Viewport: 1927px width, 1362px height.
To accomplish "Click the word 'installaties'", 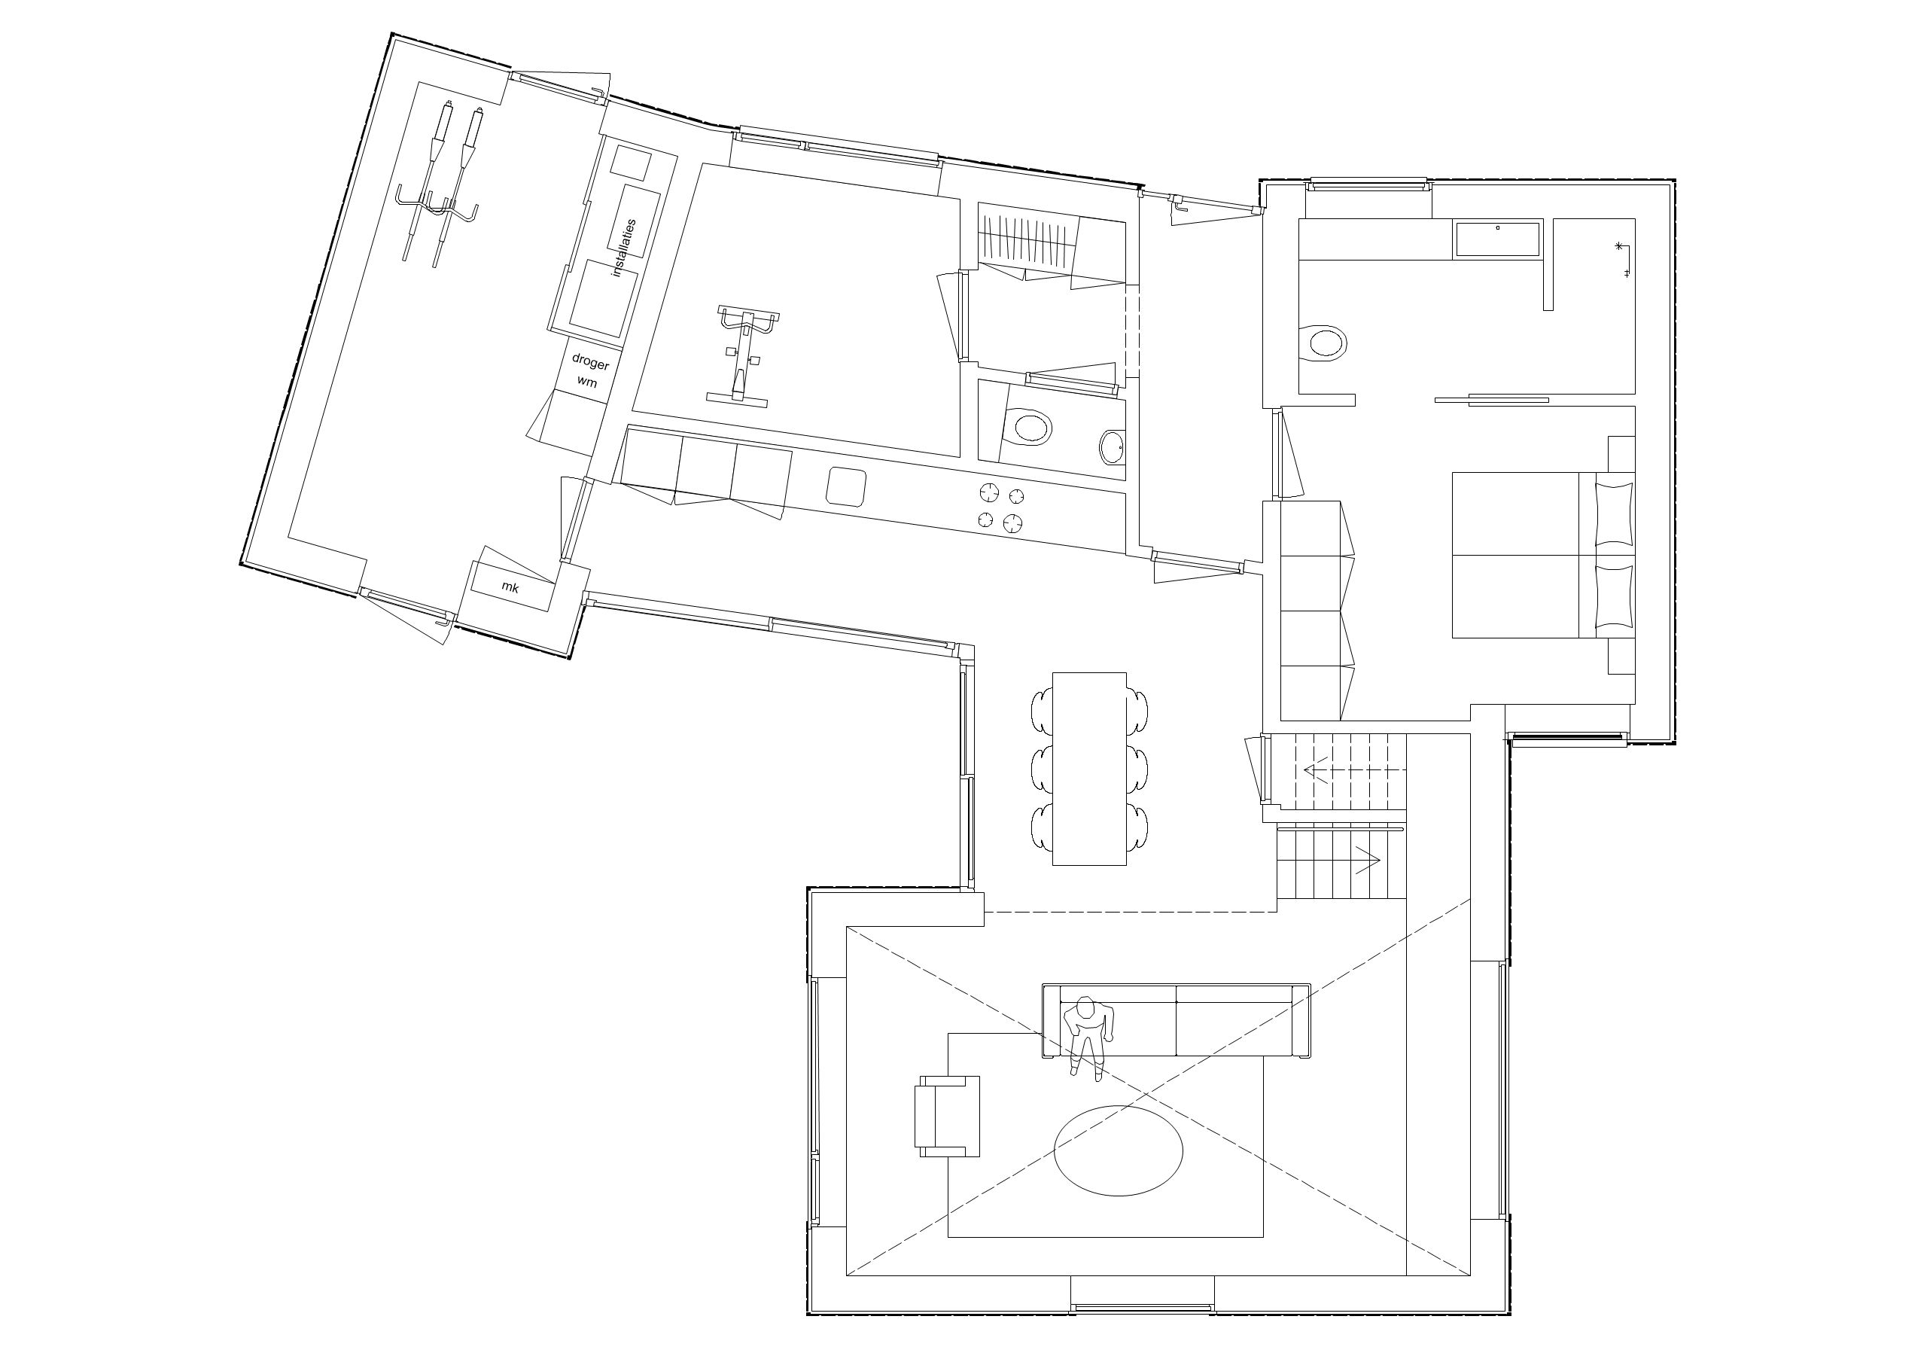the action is [625, 248].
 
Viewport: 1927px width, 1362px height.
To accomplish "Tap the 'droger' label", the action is [590, 362].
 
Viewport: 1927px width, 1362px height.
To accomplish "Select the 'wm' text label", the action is [587, 382].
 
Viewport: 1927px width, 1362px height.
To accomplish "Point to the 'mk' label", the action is [510, 588].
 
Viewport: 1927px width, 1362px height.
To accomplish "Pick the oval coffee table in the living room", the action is [1118, 1150].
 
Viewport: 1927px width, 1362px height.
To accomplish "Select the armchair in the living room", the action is [947, 1116].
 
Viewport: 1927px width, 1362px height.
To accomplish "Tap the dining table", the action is [1089, 768].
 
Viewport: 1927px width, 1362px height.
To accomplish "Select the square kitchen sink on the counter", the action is [847, 486].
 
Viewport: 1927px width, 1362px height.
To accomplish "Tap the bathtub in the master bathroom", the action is [1497, 239].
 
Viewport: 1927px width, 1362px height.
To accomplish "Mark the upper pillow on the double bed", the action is [1614, 512].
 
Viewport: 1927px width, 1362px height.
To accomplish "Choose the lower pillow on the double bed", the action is [1614, 596].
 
